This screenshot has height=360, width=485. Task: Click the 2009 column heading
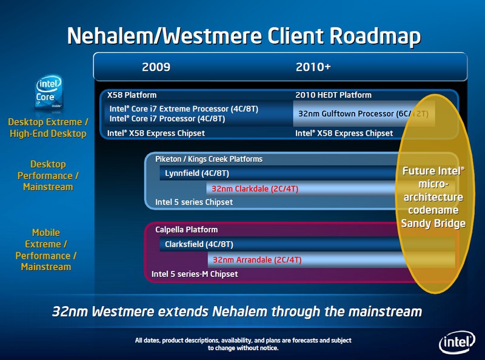point(156,67)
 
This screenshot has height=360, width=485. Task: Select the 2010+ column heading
point(313,67)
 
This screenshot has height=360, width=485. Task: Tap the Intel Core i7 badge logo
point(48,92)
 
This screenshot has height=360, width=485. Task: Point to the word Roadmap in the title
point(375,36)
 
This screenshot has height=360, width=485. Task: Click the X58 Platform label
point(132,95)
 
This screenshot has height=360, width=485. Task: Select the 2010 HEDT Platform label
point(333,95)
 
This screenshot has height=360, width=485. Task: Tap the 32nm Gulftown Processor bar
point(364,113)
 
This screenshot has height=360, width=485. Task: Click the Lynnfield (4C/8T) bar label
point(196,173)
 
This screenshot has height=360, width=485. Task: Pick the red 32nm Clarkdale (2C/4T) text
point(255,188)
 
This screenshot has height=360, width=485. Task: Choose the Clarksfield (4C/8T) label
point(199,244)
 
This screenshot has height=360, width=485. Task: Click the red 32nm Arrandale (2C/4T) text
point(257,260)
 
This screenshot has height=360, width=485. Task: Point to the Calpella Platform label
point(186,230)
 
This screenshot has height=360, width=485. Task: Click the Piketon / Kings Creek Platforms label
point(209,159)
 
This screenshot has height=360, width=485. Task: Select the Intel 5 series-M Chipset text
point(195,274)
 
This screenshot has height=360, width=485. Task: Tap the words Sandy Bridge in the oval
point(433,223)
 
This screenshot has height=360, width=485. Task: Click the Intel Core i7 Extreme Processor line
point(184,109)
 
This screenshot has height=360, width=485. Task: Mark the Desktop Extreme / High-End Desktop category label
point(48,128)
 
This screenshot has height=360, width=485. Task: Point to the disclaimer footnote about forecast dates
point(243,344)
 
